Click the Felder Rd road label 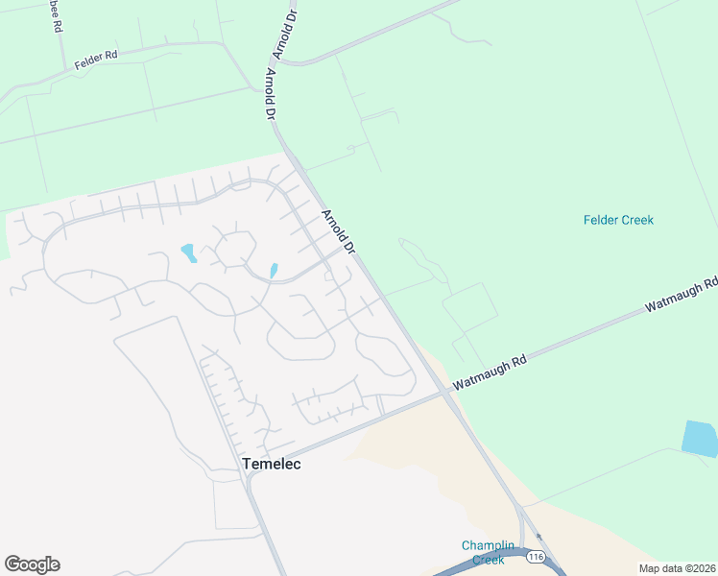tap(95, 60)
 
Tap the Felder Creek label tap(618, 220)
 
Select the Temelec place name tap(272, 464)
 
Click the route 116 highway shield tap(535, 557)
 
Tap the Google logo tap(32, 564)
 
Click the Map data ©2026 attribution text tap(676, 568)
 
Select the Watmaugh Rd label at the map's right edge tap(682, 296)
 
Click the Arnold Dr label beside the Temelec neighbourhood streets tap(339, 231)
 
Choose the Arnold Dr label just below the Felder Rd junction tap(271, 94)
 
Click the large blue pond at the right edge tap(701, 438)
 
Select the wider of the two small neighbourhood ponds tap(189, 253)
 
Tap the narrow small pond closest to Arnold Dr tap(274, 271)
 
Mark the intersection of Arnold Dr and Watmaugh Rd tap(445, 392)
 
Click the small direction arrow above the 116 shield tap(538, 537)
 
